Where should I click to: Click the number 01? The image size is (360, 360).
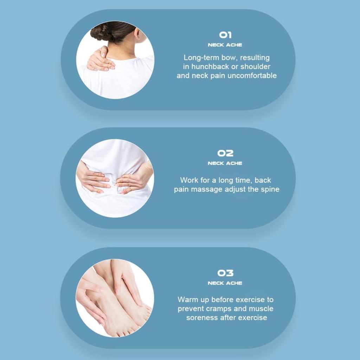225,35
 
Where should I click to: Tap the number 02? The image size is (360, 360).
225,153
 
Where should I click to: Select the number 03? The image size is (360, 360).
225,273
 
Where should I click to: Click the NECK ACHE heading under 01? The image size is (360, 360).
225,45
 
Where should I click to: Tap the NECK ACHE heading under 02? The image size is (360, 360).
225,163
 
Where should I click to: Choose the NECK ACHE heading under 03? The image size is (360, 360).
225,283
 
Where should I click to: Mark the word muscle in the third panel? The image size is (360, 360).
261,309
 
